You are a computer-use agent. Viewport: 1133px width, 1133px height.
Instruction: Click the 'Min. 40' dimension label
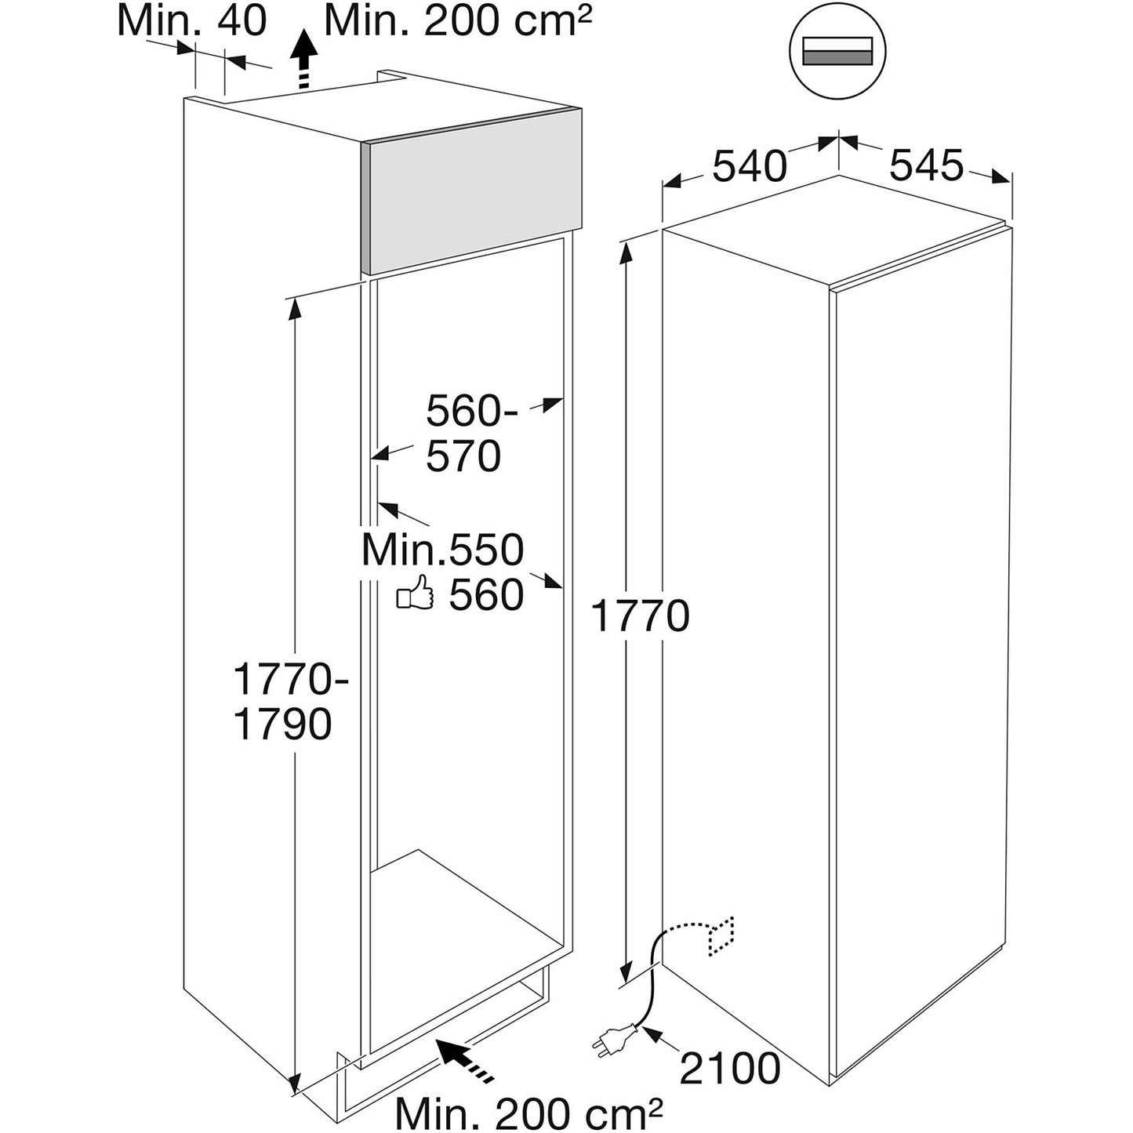[192, 21]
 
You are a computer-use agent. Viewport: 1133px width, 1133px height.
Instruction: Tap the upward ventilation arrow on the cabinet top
[304, 59]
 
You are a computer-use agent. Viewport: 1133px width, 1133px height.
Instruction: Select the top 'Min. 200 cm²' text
[457, 21]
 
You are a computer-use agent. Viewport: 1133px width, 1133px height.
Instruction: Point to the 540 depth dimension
[750, 165]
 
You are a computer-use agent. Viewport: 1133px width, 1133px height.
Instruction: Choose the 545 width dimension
[927, 165]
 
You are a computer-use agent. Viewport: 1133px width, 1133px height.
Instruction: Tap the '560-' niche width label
[471, 411]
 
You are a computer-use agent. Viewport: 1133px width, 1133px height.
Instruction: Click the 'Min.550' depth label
[443, 550]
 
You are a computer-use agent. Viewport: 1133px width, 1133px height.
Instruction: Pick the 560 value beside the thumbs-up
[486, 594]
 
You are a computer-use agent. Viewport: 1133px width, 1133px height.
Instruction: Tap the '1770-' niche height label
[291, 679]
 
